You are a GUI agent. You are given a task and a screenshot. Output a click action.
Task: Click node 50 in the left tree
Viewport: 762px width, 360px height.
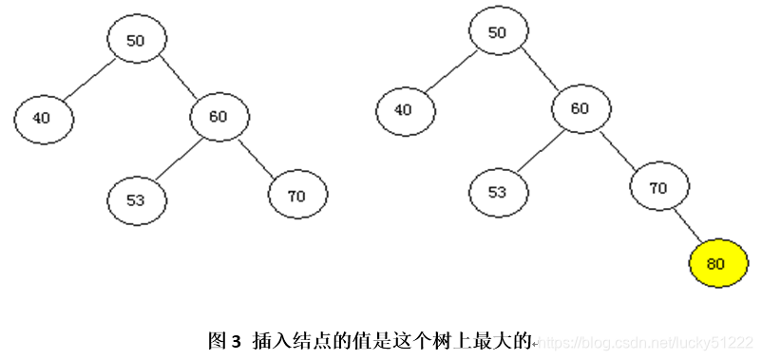coord(137,40)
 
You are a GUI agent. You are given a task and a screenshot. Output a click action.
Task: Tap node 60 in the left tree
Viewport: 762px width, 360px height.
coord(219,117)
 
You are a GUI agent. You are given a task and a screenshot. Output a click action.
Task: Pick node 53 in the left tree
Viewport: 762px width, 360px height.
coord(137,199)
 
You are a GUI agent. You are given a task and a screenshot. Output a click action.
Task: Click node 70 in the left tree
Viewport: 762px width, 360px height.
coord(297,196)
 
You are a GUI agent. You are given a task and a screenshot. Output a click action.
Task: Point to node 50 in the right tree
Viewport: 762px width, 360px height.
coord(498,31)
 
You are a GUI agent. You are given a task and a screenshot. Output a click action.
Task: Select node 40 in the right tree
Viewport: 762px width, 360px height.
coord(405,109)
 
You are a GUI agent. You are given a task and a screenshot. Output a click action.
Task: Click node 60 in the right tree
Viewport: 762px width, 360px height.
coord(581,108)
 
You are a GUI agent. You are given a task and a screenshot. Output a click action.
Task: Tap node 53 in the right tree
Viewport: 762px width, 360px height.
coord(498,192)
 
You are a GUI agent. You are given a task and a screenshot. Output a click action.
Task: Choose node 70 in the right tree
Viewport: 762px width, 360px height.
coord(658,187)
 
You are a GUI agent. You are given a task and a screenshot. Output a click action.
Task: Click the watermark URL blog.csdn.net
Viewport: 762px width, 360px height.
coord(646,341)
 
